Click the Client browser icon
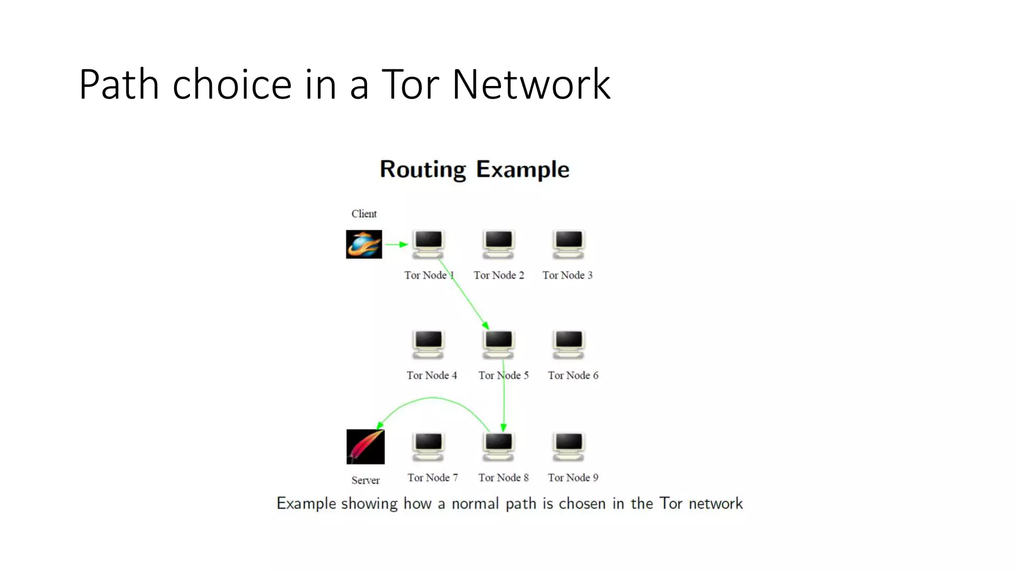pos(364,244)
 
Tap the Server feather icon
pos(365,446)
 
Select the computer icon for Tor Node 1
pos(428,244)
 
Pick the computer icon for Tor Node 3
pos(569,244)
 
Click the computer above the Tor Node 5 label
pos(498,344)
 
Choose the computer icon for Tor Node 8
pos(498,446)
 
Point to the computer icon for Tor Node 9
pos(569,446)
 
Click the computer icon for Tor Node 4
pos(428,344)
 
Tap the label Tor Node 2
pos(499,275)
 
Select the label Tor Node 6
pos(573,375)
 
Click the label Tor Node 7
pos(433,478)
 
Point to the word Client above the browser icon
pos(364,214)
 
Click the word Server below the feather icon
pos(366,481)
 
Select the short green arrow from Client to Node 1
pos(396,244)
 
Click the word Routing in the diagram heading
pos(423,170)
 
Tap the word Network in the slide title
pos(531,84)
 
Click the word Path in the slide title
pos(119,84)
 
